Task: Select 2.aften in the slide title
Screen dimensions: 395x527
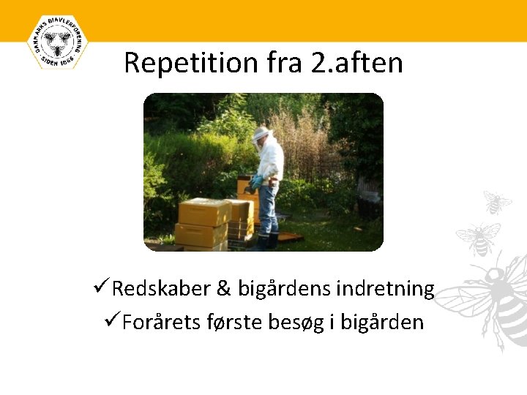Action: [357, 63]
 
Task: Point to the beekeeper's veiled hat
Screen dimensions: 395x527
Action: [261, 135]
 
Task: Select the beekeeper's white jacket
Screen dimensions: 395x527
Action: [270, 159]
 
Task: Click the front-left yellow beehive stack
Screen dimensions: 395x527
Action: [203, 222]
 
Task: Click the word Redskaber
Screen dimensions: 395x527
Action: [161, 289]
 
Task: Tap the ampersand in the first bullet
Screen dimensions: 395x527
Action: [224, 289]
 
